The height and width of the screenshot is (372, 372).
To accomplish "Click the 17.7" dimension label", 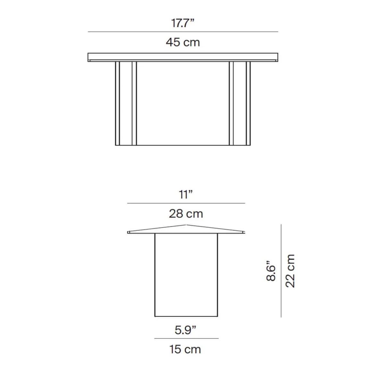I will tap(182, 23).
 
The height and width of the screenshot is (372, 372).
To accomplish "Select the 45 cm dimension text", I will tap(183, 42).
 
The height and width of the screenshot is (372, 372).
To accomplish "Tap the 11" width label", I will tap(186, 194).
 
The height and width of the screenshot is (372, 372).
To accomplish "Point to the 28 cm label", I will tap(186, 214).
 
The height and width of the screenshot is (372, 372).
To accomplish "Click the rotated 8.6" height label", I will tap(271, 271).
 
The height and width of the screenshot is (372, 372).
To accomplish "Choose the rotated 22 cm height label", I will tap(290, 271).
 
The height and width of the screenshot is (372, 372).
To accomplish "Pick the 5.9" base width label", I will tap(185, 330).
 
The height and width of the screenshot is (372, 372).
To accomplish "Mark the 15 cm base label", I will tap(185, 349).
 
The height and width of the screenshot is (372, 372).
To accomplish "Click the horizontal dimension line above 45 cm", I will tap(183, 32).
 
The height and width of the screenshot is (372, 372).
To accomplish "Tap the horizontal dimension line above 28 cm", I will tap(186, 203).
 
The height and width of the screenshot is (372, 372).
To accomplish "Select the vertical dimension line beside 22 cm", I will tap(281, 271).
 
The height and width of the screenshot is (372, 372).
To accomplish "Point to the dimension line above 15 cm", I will tap(186, 338).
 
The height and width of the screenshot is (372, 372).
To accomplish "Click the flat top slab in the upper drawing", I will tap(183, 57).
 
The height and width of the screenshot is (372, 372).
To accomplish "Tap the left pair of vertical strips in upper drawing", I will tap(126, 103).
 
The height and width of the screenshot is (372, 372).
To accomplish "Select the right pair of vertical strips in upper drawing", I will tap(240, 103).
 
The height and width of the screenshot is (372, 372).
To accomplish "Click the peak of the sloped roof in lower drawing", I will tap(186, 225).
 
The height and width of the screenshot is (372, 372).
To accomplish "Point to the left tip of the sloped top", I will tap(129, 232).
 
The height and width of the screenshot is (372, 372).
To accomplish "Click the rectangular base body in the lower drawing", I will tap(186, 275).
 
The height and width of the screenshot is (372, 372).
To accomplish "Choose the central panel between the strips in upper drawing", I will tap(183, 103).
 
